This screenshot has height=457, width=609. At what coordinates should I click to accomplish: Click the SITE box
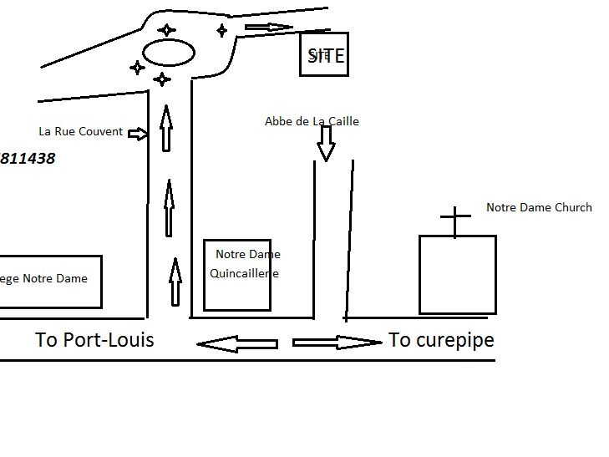(x=323, y=56)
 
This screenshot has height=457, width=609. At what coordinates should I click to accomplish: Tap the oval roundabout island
(x=169, y=53)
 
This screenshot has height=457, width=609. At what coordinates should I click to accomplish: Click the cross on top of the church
(x=455, y=221)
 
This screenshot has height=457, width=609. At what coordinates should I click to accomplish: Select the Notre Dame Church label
(x=539, y=207)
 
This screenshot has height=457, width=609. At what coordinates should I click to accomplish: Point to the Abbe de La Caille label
(x=312, y=121)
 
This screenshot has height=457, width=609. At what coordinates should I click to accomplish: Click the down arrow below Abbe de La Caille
(x=326, y=147)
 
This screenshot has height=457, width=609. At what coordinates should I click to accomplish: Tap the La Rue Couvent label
(x=81, y=131)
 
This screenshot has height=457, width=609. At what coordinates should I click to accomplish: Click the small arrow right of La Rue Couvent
(x=139, y=133)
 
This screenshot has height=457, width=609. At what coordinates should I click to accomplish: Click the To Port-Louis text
(x=94, y=340)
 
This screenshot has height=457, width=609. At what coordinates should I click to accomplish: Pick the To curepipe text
(x=441, y=340)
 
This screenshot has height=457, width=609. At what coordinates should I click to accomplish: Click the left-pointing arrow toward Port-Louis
(x=236, y=343)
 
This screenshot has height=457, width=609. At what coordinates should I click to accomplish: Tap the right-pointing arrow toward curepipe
(x=337, y=342)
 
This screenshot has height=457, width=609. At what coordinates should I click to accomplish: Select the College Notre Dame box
(x=50, y=282)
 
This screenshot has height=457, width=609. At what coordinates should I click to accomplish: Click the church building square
(x=457, y=274)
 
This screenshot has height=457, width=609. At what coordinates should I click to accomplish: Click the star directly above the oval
(x=167, y=30)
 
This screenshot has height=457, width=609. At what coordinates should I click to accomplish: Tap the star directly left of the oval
(x=137, y=67)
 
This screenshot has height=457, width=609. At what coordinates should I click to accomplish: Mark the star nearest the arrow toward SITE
(x=221, y=31)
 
